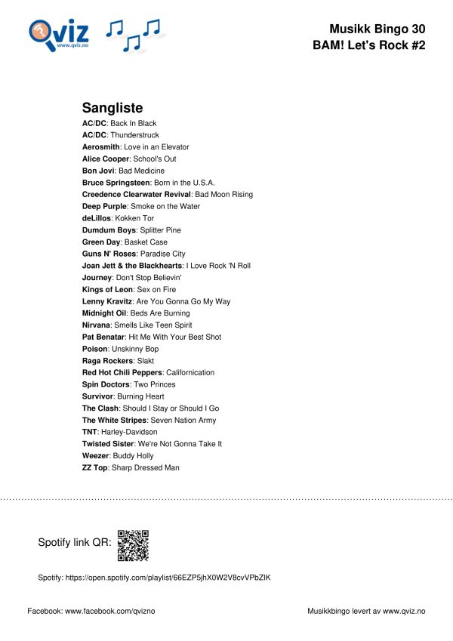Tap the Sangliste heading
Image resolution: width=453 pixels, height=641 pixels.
point(112,108)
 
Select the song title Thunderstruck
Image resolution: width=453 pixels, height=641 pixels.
point(134,135)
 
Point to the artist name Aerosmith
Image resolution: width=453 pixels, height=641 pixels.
point(100,147)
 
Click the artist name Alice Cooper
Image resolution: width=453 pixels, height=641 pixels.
point(106,159)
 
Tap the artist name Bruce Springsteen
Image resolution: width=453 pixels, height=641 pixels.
point(115,183)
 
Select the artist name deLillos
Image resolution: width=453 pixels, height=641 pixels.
point(97,218)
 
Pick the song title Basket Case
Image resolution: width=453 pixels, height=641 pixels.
point(146,242)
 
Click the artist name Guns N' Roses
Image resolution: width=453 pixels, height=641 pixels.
point(109,254)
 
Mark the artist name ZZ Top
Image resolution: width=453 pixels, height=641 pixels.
point(94,468)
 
